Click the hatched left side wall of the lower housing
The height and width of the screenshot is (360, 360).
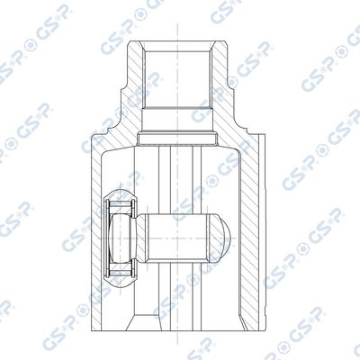pyautogui.click(x=96, y=234)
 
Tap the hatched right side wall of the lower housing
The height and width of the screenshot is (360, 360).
pyautogui.click(x=249, y=234)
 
